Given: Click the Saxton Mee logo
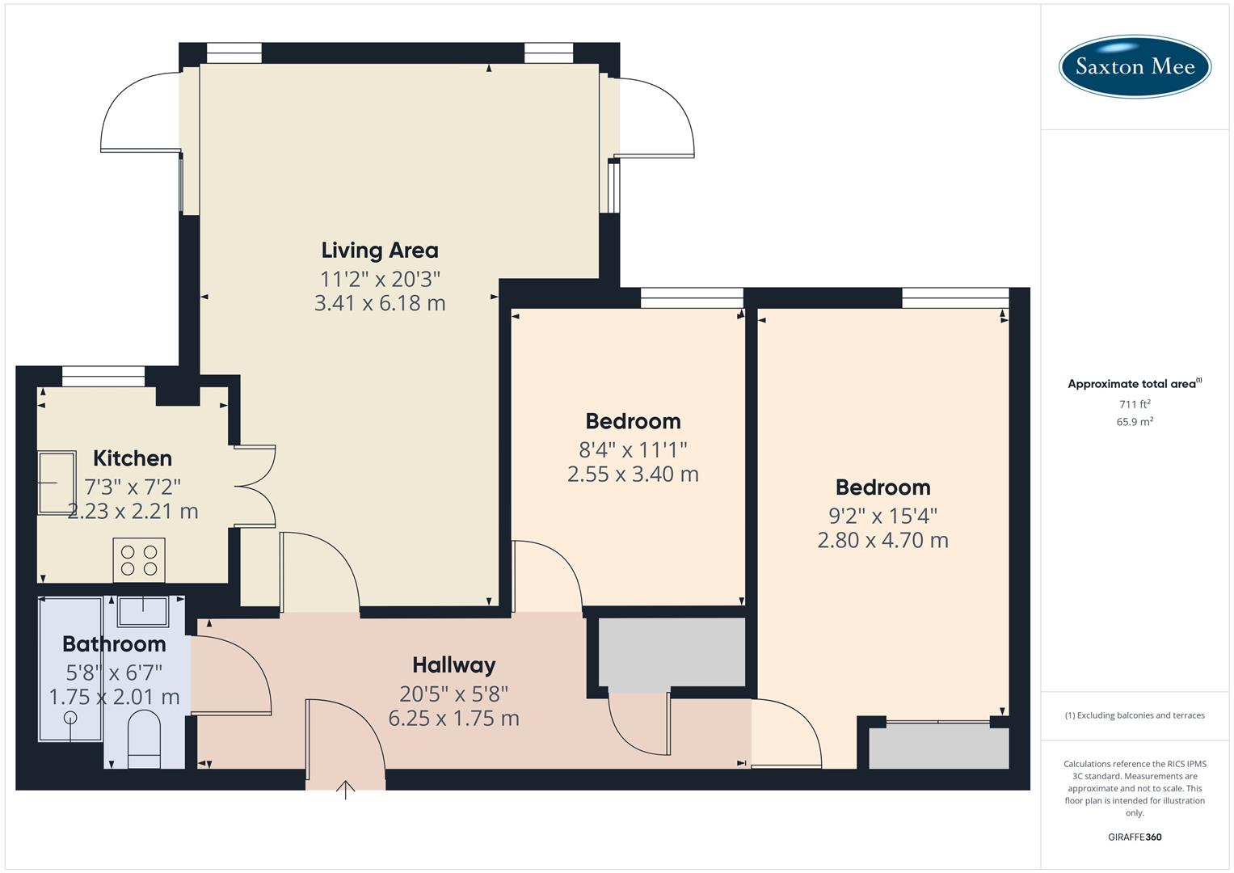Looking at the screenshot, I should (1135, 66).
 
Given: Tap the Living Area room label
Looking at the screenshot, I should (380, 251).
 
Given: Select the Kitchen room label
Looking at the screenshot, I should (133, 458).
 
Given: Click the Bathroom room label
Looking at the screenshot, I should (114, 644).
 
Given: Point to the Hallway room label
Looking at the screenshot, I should (453, 665).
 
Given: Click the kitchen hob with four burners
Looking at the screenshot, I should (139, 559).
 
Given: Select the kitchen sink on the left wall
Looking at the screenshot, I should (57, 483).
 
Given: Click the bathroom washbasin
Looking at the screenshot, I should (143, 612).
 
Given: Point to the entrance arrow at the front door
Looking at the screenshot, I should (345, 789).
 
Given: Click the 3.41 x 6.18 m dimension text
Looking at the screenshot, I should (380, 303).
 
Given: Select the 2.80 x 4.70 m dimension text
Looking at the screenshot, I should (882, 540).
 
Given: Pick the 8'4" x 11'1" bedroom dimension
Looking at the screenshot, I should (633, 449).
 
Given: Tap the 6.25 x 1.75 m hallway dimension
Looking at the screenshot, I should (453, 718).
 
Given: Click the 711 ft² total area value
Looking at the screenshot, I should (1135, 404).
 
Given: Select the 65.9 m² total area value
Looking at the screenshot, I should (1135, 421).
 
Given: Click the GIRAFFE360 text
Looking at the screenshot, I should (1135, 837).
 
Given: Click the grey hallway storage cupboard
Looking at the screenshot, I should (672, 652).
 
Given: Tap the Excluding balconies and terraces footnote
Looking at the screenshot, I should (1135, 715).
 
